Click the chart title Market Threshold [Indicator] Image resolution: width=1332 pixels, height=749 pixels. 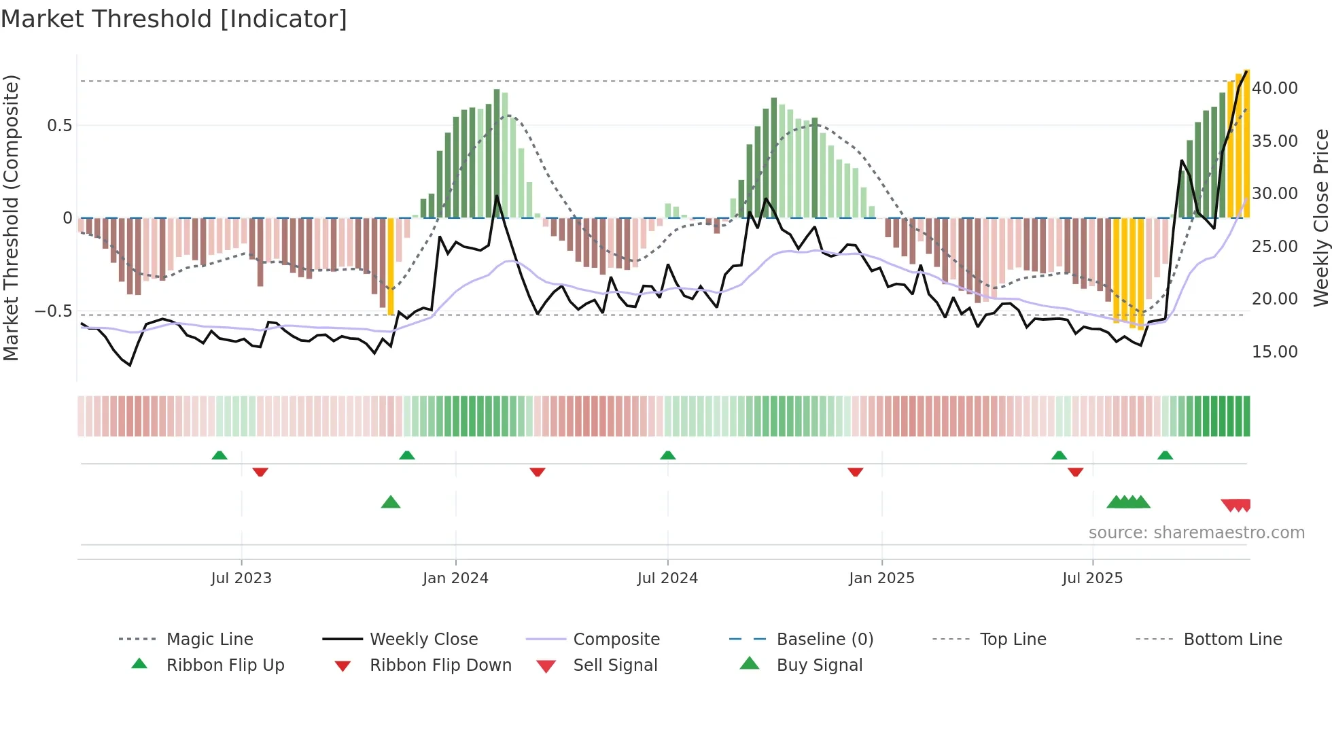[174, 19]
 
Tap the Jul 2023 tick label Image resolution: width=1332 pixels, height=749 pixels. [241, 578]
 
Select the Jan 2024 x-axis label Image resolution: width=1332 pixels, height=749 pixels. [455, 578]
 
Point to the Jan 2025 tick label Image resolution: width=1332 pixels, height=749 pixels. [881, 578]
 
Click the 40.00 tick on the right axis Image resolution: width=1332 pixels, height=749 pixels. [1275, 88]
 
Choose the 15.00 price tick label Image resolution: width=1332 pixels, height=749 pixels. [1275, 352]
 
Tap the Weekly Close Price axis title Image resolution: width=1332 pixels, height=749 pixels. [1320, 217]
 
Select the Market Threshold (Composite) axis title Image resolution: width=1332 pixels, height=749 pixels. [11, 217]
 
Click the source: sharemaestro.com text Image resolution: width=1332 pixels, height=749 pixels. [1196, 533]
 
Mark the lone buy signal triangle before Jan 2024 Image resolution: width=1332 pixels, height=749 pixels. [391, 502]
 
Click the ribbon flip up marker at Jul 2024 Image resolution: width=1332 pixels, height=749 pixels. [667, 455]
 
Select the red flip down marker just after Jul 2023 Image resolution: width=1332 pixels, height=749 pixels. [260, 472]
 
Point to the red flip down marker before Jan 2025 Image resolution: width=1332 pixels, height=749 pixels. [855, 472]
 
